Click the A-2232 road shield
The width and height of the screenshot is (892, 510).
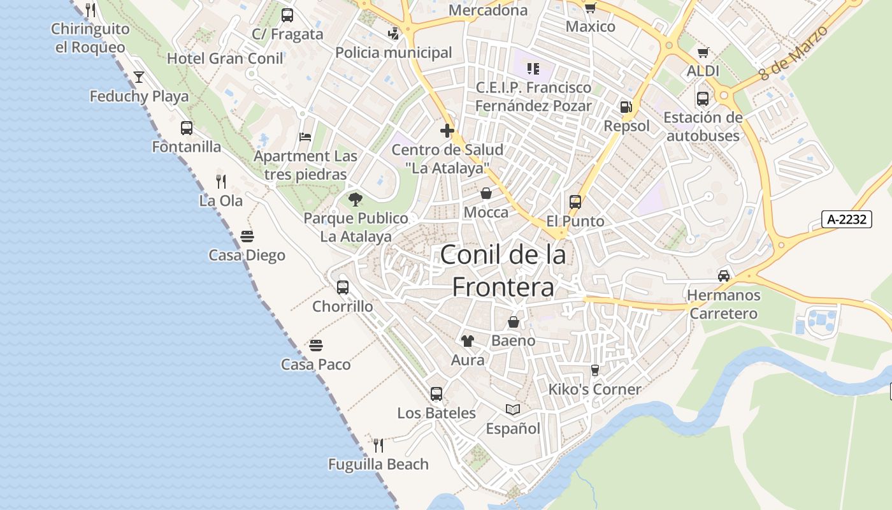pyautogui.click(x=846, y=219)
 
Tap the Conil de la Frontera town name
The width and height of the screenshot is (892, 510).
pyautogui.click(x=503, y=271)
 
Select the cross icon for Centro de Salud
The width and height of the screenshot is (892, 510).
pyautogui.click(x=447, y=131)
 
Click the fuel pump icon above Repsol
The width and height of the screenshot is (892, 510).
pyautogui.click(x=626, y=107)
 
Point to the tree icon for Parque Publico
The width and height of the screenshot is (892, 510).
pyautogui.click(x=356, y=200)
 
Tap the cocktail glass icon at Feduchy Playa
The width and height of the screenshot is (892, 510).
pyautogui.click(x=139, y=78)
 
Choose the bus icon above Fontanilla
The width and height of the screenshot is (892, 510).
pyautogui.click(x=186, y=128)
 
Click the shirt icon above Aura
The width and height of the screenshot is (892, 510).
pyautogui.click(x=468, y=341)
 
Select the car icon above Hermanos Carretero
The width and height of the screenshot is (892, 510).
pyautogui.click(x=724, y=276)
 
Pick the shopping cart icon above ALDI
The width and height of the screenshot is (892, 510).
pyautogui.click(x=703, y=53)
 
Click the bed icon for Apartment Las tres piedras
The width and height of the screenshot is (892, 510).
pyautogui.click(x=305, y=136)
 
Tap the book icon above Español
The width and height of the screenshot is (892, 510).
pyautogui.click(x=513, y=409)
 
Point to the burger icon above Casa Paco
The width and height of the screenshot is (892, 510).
pyautogui.click(x=316, y=346)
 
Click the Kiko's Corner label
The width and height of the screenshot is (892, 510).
pyautogui.click(x=594, y=389)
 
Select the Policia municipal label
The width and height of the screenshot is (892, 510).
pyautogui.click(x=393, y=52)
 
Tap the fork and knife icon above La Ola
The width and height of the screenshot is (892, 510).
pyautogui.click(x=220, y=182)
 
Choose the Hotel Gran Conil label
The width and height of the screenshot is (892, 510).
pyautogui.click(x=225, y=59)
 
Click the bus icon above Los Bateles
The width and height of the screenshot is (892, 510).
pyautogui.click(x=436, y=394)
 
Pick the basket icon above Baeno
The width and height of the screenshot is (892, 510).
pyautogui.click(x=513, y=322)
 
